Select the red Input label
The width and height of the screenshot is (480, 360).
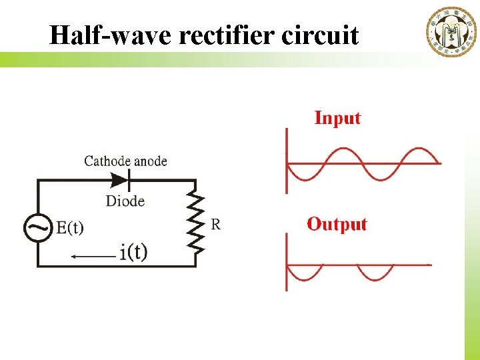(x=337, y=119)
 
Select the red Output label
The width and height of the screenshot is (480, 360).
(x=337, y=224)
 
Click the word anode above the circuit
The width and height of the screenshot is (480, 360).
(x=150, y=161)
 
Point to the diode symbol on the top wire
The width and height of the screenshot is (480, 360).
(x=120, y=179)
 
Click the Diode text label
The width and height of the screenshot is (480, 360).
(x=125, y=201)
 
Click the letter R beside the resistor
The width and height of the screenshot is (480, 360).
(x=216, y=224)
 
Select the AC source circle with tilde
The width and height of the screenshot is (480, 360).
(x=38, y=227)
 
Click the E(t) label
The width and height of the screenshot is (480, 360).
(x=69, y=228)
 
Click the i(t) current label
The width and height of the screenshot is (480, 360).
(x=134, y=252)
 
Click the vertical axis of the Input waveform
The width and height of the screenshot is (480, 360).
(x=287, y=160)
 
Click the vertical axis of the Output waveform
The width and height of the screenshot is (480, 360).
(x=287, y=262)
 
